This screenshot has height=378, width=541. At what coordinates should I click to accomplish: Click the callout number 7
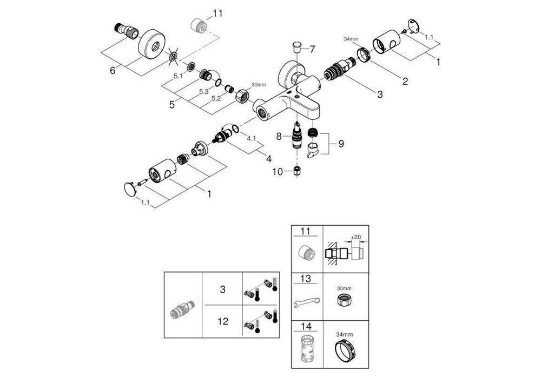[312, 49]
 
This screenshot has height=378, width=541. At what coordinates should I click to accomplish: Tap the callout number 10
[278, 172]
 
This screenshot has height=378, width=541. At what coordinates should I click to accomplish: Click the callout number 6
[113, 70]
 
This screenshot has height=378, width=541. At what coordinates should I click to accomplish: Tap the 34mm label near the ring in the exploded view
[351, 39]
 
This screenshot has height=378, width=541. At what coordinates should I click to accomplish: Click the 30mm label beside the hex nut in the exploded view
[259, 85]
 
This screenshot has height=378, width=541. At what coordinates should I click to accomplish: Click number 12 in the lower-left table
[222, 321]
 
